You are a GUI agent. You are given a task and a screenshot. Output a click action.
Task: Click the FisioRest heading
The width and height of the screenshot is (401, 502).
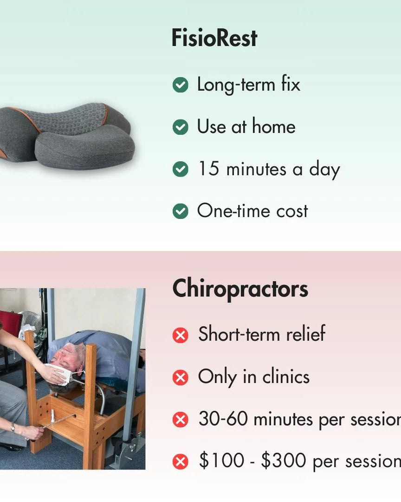[214, 38]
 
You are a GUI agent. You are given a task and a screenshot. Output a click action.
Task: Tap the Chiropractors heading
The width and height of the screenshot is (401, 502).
[240, 289]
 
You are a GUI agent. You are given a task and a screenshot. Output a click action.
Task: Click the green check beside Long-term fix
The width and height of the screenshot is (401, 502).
[181, 85]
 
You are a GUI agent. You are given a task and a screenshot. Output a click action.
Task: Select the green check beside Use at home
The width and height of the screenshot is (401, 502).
[181, 127]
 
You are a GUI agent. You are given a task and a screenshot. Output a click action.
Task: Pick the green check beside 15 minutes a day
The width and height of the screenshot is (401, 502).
[181, 169]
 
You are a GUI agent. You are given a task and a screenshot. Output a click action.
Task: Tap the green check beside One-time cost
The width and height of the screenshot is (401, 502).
[181, 211]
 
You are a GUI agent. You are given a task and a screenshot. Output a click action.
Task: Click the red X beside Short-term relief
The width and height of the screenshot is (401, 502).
[181, 335]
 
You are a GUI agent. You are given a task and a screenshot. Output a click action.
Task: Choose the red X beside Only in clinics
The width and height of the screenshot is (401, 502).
[181, 377]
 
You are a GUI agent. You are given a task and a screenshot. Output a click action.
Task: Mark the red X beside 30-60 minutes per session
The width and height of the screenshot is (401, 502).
[181, 419]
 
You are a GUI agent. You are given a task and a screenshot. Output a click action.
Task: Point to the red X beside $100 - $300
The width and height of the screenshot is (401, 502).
[181, 462]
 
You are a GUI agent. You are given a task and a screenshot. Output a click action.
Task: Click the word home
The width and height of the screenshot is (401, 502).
[274, 126]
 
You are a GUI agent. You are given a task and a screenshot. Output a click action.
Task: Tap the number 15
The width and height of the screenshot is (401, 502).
[209, 168]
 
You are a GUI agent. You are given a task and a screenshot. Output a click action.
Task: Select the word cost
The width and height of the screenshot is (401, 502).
[292, 211]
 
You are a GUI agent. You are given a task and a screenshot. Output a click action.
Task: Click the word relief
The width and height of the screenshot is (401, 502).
[306, 334]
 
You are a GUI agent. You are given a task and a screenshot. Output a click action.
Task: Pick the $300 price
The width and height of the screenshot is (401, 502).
[284, 460]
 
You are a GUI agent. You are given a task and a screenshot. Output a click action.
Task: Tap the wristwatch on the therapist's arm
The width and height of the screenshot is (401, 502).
[13, 428]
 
